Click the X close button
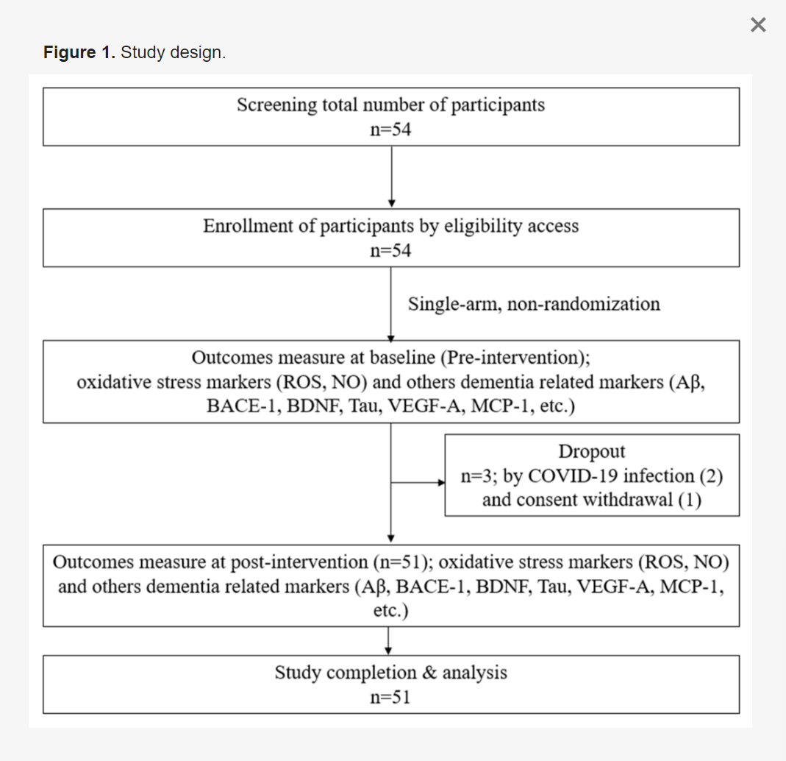[x=758, y=24]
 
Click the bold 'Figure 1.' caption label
[x=79, y=52]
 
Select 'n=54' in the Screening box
[x=390, y=130]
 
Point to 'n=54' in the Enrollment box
[x=390, y=250]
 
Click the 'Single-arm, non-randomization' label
[x=534, y=304]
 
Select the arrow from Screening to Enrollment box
[x=391, y=176]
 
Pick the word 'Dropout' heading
[x=592, y=451]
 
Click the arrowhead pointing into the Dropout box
[x=442, y=483]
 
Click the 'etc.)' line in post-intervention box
[x=391, y=611]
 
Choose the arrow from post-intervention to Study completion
[x=388, y=640]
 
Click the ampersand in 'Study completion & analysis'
[x=429, y=673]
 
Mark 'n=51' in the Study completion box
[x=390, y=697]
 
